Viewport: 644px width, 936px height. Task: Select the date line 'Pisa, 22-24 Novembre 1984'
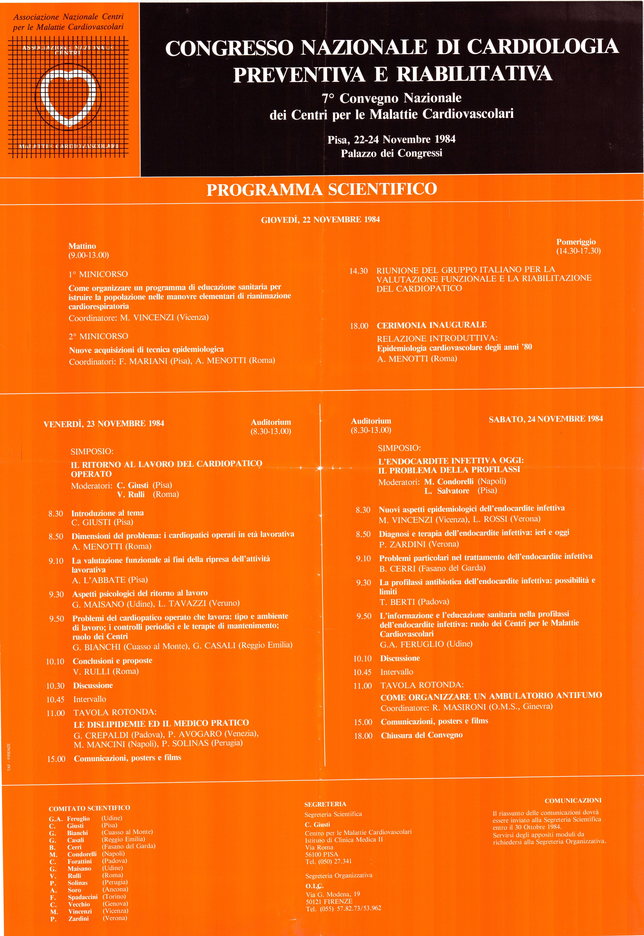click(391, 139)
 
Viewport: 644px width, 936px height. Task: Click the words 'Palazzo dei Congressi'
click(391, 153)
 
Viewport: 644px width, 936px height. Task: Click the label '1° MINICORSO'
click(98, 274)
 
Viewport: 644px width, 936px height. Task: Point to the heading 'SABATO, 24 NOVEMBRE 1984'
click(546, 419)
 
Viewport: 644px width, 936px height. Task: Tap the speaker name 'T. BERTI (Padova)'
click(414, 602)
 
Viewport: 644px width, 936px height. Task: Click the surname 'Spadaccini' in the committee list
click(82, 897)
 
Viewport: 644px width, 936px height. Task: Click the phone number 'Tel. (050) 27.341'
click(328, 861)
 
